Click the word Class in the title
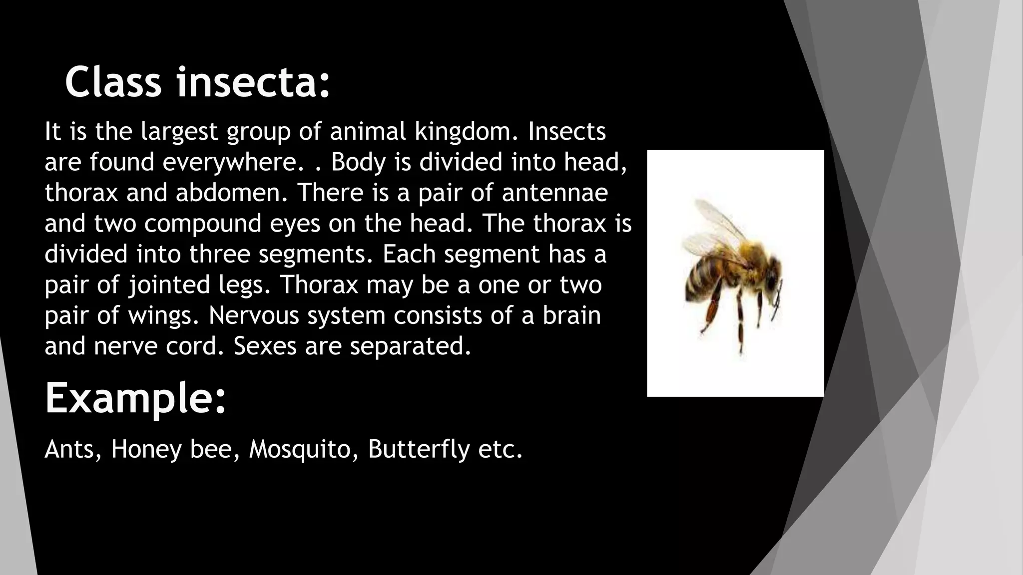tap(113, 82)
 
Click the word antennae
tap(555, 193)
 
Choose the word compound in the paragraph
tap(203, 224)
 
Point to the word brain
tap(571, 315)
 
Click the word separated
tap(411, 346)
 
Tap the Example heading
tap(135, 398)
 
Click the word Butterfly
tap(419, 449)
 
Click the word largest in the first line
tap(179, 132)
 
